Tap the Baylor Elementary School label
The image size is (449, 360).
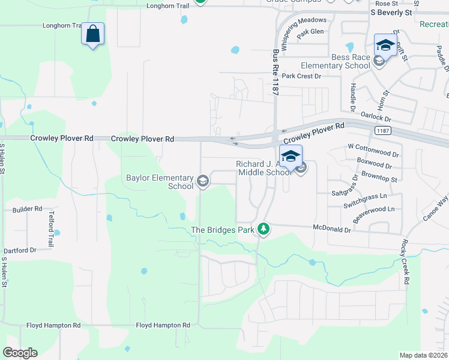pos(160,182)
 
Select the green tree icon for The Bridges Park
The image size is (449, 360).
pos(263,229)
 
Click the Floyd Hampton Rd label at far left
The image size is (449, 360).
pos(53,325)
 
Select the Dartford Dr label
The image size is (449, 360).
pos(20,250)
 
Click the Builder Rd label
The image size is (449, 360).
pos(28,209)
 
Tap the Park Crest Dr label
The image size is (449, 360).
pos(302,76)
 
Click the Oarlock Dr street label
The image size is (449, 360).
pos(376,115)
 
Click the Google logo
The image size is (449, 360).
pos(20,353)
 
